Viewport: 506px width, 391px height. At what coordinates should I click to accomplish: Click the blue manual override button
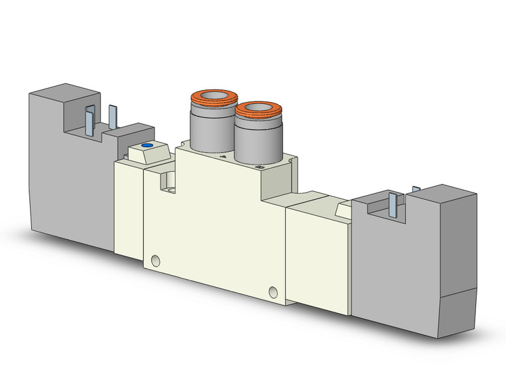[147, 146]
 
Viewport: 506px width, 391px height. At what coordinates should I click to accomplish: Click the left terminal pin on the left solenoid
[90, 121]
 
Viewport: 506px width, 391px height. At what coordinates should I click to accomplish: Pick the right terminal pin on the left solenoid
[113, 119]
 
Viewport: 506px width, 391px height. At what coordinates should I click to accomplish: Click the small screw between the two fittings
[224, 157]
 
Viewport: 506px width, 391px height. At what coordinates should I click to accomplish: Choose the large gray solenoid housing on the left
[67, 173]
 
